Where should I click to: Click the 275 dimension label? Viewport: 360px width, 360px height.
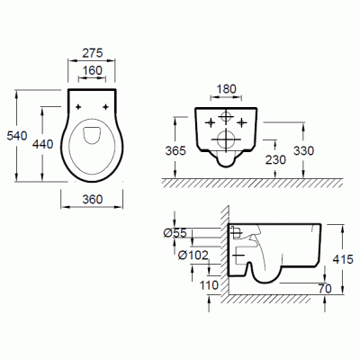(x=93, y=53)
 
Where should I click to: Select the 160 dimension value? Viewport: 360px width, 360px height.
(x=93, y=70)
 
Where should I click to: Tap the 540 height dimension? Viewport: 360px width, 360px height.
(x=17, y=136)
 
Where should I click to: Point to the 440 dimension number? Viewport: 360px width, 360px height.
(x=43, y=144)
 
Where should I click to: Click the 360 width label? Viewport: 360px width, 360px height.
(x=93, y=199)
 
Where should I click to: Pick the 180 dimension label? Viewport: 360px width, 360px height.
(x=226, y=89)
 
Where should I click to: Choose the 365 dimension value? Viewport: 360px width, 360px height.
(x=175, y=150)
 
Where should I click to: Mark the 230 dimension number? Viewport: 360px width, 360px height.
(x=275, y=159)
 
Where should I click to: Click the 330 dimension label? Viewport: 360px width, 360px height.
(x=303, y=150)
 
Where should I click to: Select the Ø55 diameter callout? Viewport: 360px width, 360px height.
(x=175, y=233)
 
